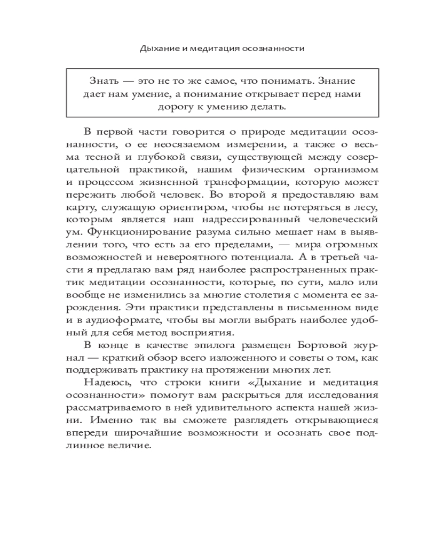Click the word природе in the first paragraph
242,131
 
